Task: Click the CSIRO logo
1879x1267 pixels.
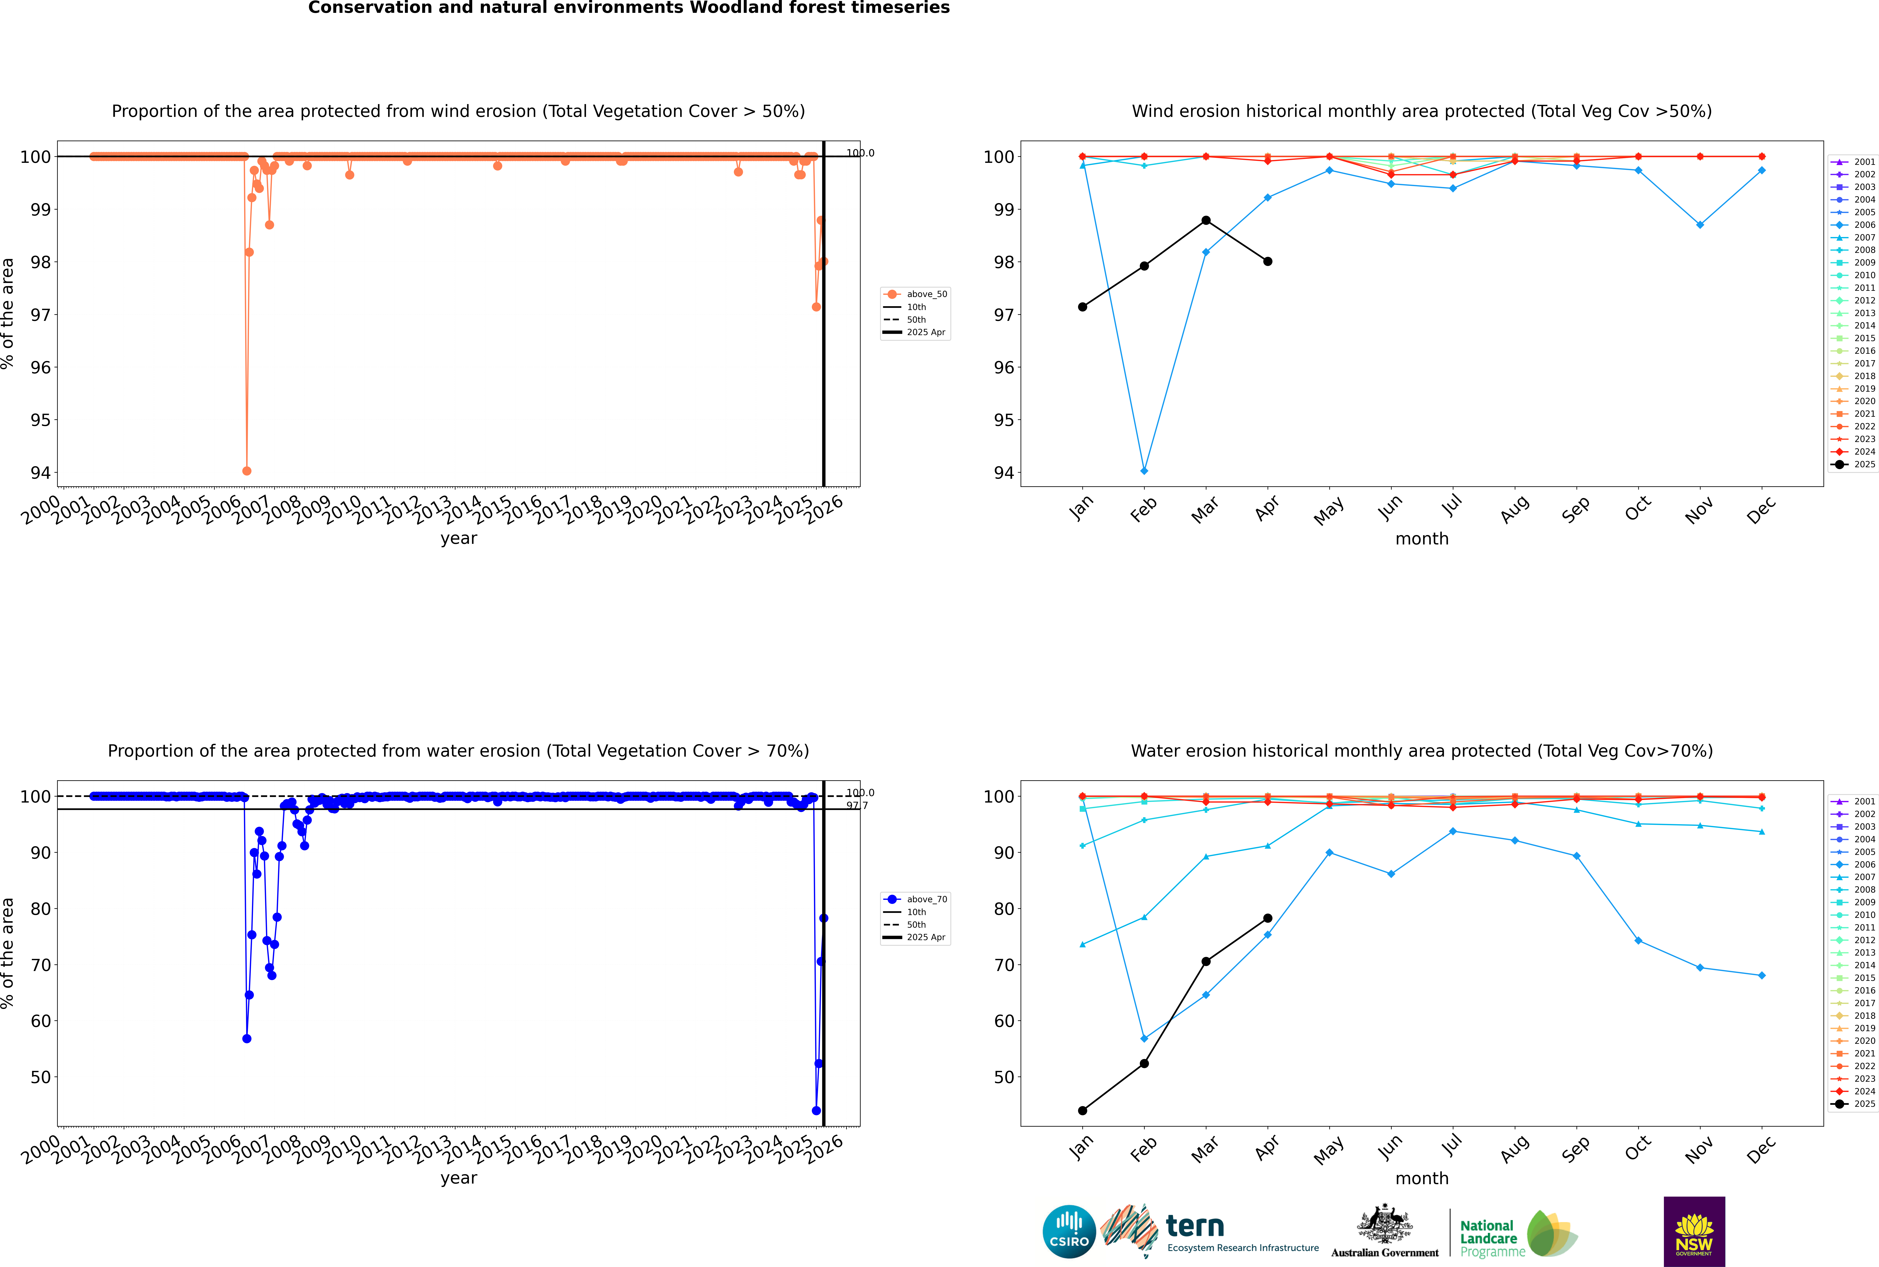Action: point(1069,1232)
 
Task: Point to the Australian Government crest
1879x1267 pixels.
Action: point(1385,1224)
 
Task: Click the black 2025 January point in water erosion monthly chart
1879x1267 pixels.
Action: point(1083,1110)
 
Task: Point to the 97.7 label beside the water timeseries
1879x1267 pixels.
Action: point(857,806)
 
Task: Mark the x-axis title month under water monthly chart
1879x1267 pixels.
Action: point(1422,1178)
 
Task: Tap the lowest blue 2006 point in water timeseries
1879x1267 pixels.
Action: point(246,1038)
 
